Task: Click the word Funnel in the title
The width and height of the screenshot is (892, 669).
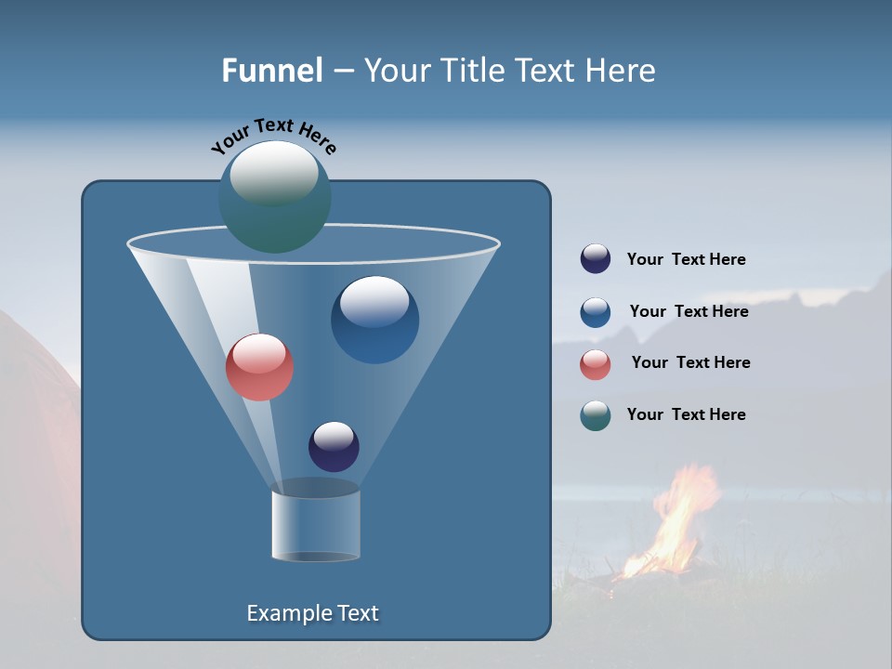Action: pyautogui.click(x=271, y=71)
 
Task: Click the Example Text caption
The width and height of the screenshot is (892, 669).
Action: pyautogui.click(x=312, y=613)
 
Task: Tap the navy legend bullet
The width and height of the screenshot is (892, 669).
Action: pyautogui.click(x=596, y=259)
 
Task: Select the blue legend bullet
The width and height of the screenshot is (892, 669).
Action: pyautogui.click(x=596, y=312)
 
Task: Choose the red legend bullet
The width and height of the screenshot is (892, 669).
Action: pyautogui.click(x=596, y=364)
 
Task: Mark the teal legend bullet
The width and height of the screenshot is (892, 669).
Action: pyautogui.click(x=596, y=415)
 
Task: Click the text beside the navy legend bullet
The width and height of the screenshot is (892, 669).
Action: pyautogui.click(x=686, y=260)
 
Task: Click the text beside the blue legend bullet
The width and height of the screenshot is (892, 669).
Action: pyautogui.click(x=689, y=312)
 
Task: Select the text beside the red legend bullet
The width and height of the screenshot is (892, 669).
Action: pyautogui.click(x=690, y=363)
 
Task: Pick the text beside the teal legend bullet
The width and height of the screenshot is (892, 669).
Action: pyautogui.click(x=686, y=415)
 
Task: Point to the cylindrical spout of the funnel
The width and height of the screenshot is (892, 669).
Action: pyautogui.click(x=316, y=525)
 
